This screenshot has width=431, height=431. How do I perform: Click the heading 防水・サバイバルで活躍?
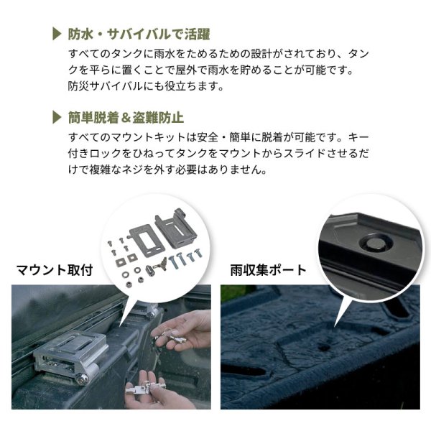point(139,34)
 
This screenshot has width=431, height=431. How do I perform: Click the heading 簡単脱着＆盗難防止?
point(126,118)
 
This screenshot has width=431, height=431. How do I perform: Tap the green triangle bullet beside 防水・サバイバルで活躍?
point(57,34)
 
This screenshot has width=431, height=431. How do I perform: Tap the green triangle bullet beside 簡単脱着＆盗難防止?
point(57,118)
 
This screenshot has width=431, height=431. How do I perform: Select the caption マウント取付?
point(55,270)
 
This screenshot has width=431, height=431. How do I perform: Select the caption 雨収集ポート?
point(268,270)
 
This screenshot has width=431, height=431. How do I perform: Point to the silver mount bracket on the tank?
point(70,353)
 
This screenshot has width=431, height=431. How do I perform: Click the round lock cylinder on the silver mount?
point(82,379)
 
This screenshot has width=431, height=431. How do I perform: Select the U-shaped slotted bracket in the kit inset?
point(177,228)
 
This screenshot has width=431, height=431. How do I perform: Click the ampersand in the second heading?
point(125,118)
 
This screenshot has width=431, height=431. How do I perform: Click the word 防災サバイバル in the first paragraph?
point(106,86)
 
